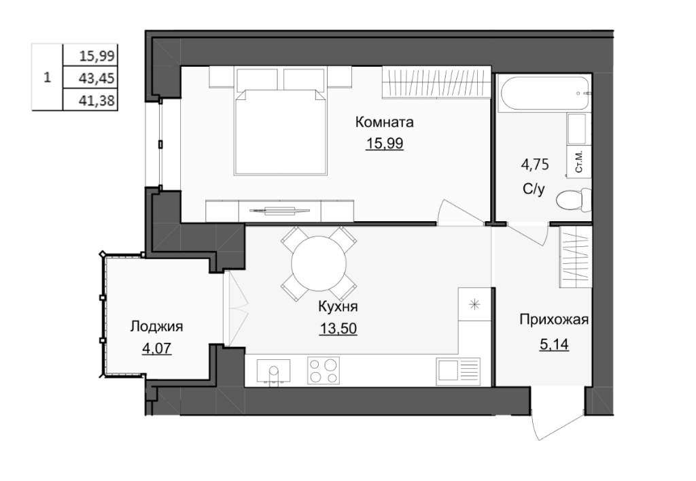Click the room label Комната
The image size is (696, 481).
click(385, 122)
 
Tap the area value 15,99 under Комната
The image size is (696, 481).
click(385, 144)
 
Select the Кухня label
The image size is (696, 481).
click(338, 306)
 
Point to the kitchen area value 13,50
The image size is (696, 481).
click(338, 328)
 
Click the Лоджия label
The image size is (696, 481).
click(156, 327)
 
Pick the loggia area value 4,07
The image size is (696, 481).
click(156, 348)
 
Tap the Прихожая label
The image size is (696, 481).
click(554, 320)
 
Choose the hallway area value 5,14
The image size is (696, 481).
click(554, 344)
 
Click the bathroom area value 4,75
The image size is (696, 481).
click(534, 165)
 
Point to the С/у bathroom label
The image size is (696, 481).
click(533, 190)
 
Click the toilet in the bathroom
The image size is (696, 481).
click(574, 199)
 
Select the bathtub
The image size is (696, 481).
click(544, 94)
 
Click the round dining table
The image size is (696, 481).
click(319, 263)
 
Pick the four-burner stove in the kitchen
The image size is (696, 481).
click(324, 370)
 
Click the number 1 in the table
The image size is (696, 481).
click(48, 78)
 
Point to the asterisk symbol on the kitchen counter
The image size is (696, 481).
click(474, 305)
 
